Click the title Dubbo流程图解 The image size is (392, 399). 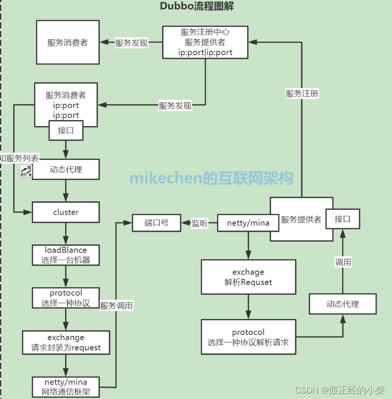click(x=197, y=7)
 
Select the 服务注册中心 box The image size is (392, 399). click(x=205, y=42)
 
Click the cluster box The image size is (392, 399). click(x=66, y=212)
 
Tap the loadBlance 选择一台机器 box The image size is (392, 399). click(x=66, y=255)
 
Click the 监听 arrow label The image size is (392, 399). click(x=200, y=223)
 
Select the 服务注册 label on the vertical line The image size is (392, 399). click(x=302, y=93)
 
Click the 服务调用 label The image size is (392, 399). click(x=116, y=306)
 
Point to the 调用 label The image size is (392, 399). click(x=343, y=262)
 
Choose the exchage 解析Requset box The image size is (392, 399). click(x=248, y=277)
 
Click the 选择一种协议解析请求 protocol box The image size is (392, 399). click(x=248, y=337)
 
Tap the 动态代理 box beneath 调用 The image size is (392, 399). click(x=342, y=304)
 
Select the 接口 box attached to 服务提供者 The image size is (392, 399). click(x=347, y=219)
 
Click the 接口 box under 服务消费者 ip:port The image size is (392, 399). click(x=66, y=131)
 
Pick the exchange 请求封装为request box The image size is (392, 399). click(x=66, y=342)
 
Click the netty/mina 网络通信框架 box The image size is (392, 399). click(x=66, y=386)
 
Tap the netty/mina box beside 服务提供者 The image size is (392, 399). click(x=248, y=223)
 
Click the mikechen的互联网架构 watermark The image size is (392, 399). click(x=211, y=178)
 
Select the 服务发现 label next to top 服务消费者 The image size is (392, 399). click(x=131, y=43)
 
